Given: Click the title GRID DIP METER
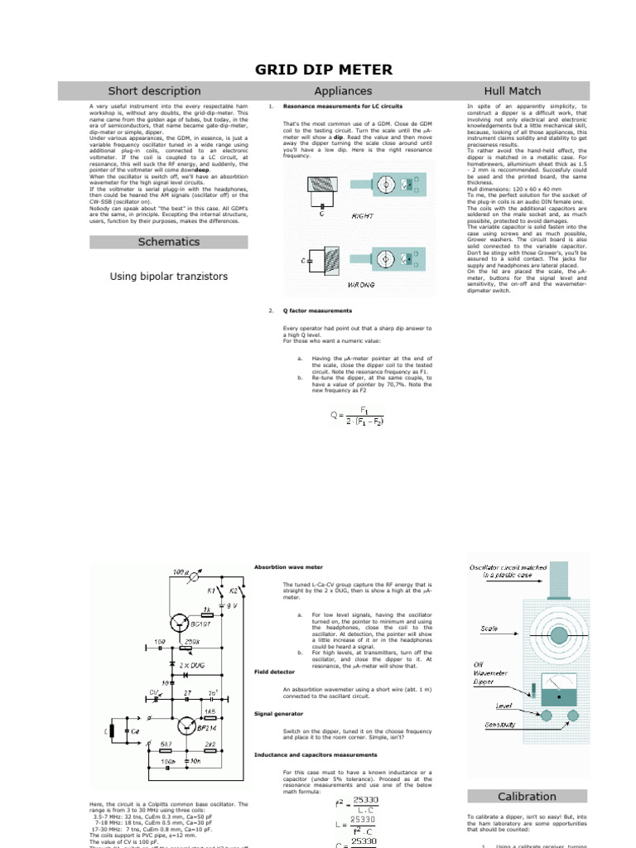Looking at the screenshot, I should point(317,70).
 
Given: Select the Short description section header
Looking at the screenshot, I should point(154,91).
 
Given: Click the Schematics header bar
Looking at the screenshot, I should point(168,242).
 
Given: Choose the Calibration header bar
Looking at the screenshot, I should point(527,796).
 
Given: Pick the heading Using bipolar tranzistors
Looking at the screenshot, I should point(168,276).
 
